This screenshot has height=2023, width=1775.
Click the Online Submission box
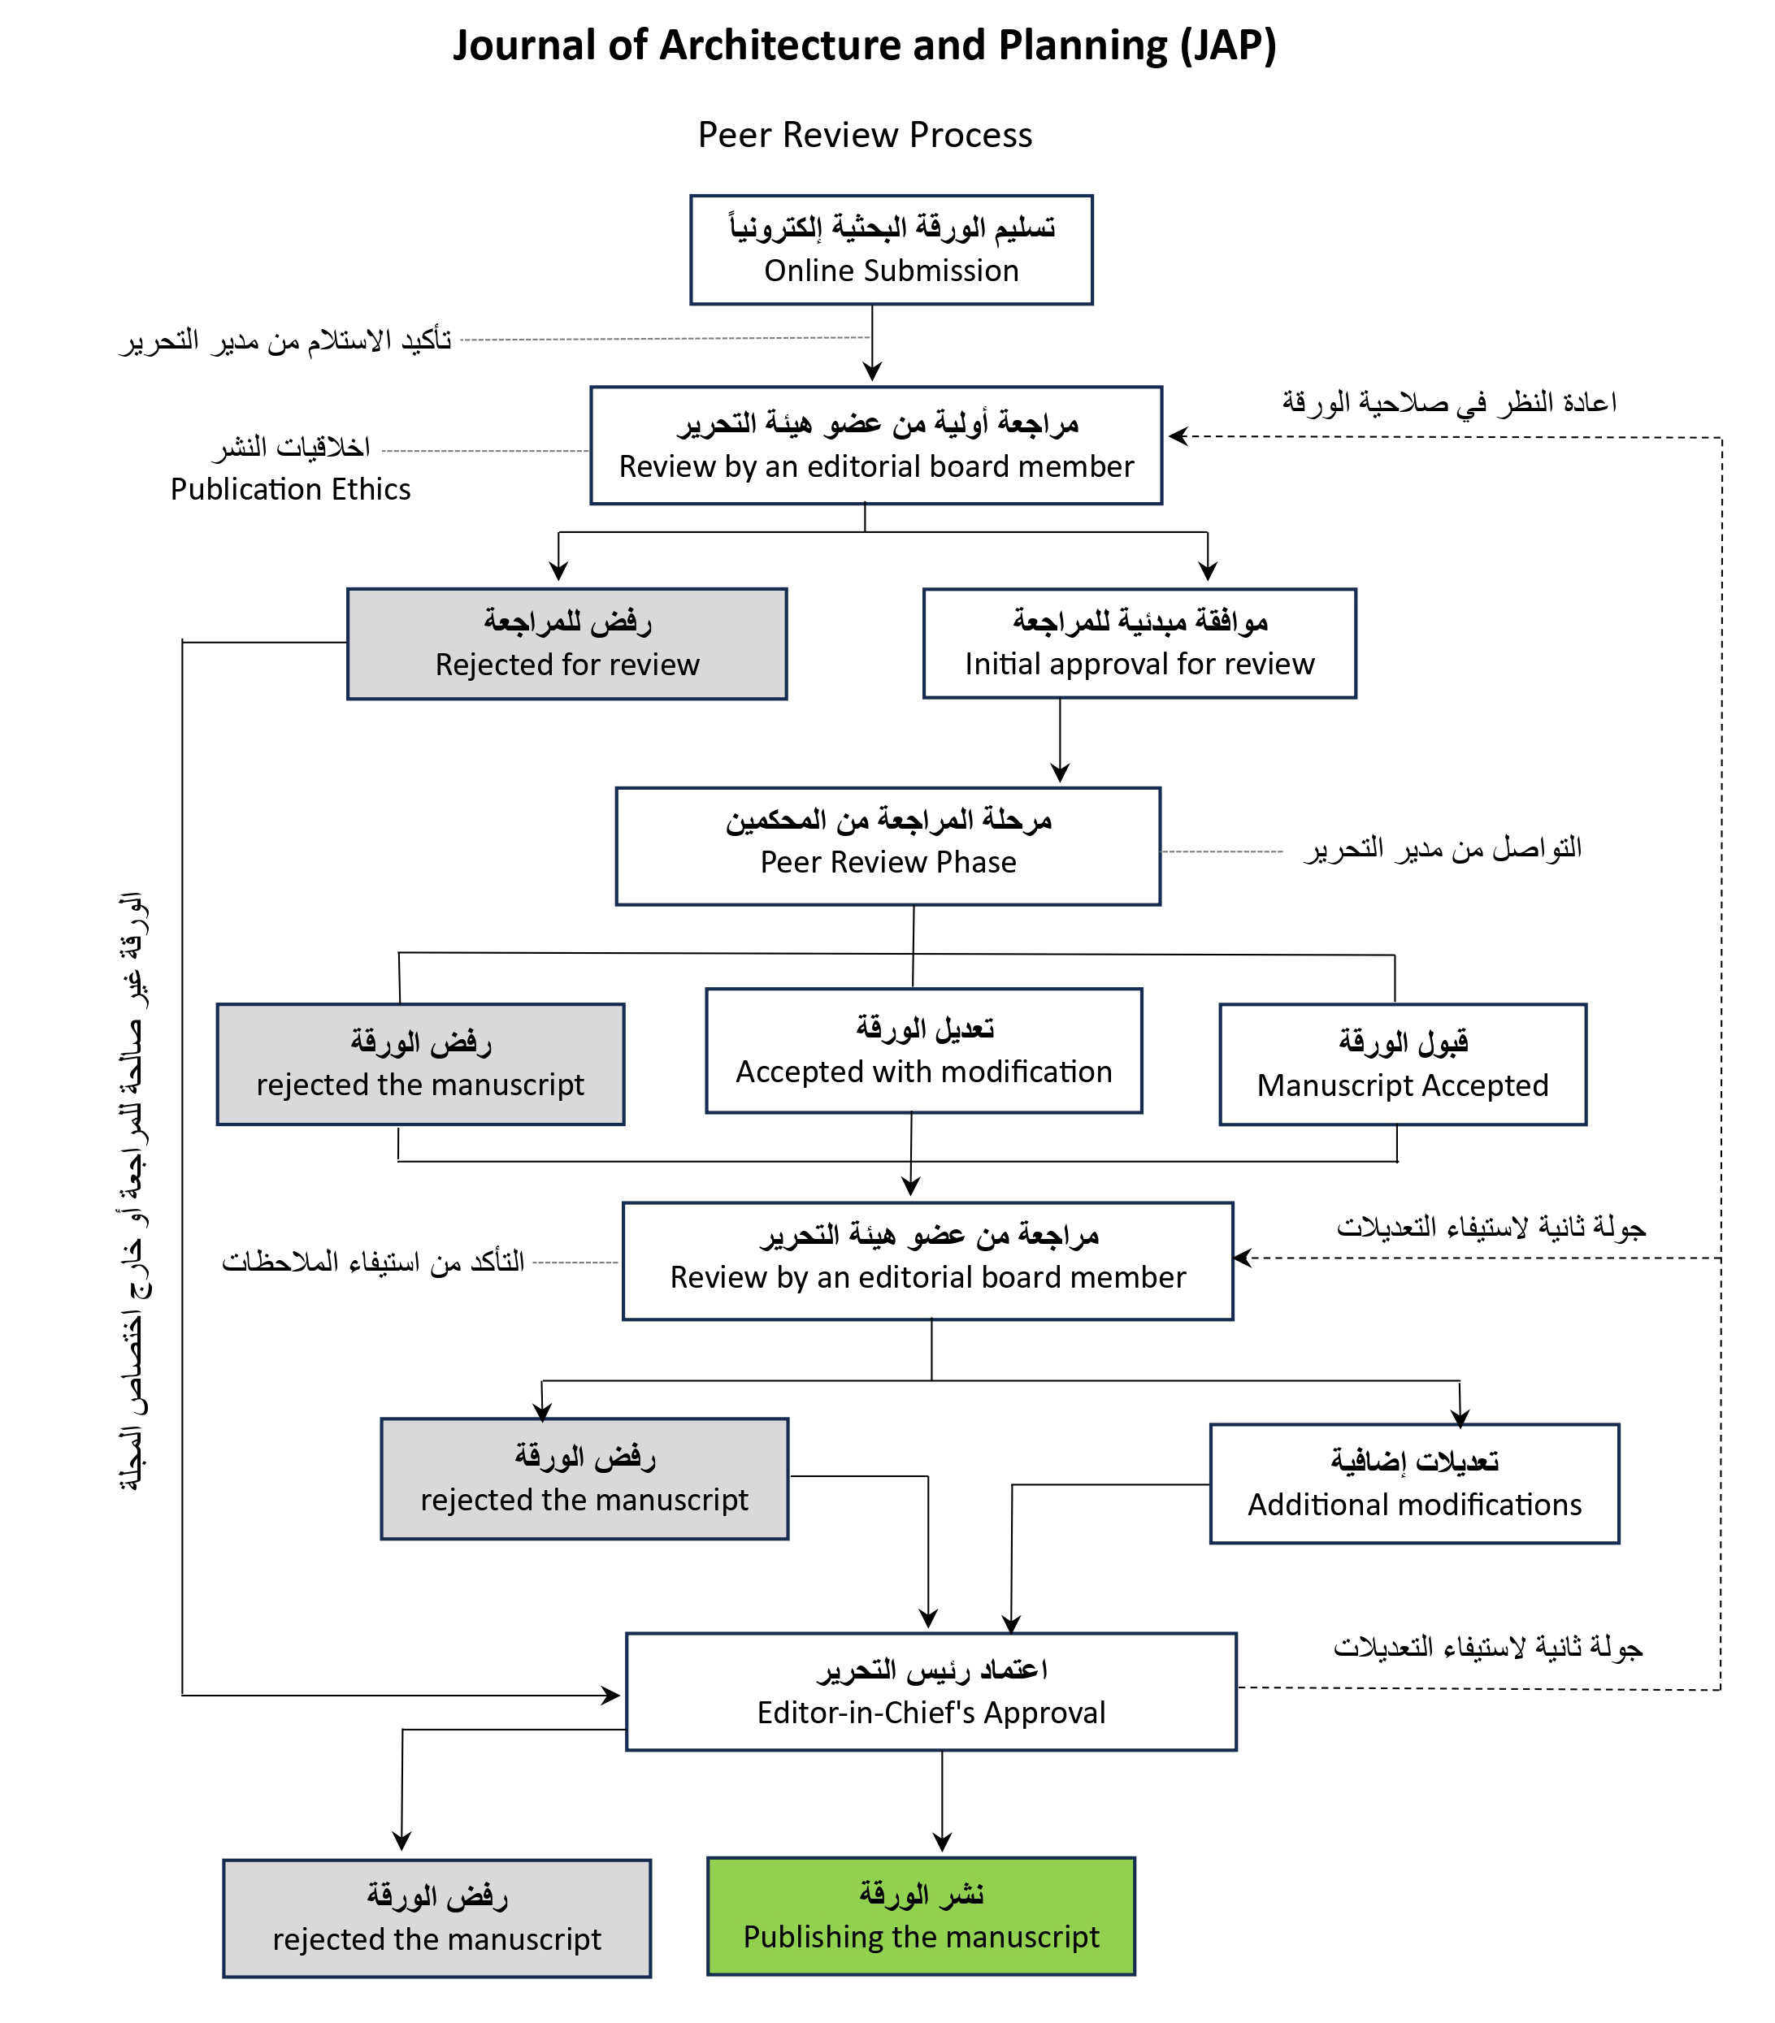(x=891, y=249)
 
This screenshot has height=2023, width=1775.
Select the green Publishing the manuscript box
(x=921, y=1915)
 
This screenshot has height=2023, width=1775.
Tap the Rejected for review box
(x=566, y=643)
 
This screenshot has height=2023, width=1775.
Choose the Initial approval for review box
(x=1139, y=643)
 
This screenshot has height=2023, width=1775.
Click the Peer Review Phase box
(x=887, y=847)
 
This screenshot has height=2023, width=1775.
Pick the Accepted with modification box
(x=922, y=1050)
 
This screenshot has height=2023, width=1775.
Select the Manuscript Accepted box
(x=1402, y=1064)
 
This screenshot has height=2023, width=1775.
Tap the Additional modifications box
(x=1413, y=1483)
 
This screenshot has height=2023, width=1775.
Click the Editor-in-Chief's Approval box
(x=931, y=1692)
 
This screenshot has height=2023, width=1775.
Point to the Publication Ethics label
(x=290, y=489)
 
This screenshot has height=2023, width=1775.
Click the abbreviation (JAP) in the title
(x=1227, y=45)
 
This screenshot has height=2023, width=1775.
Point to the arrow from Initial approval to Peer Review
(x=1059, y=743)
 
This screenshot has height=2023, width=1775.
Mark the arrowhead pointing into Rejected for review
(x=558, y=572)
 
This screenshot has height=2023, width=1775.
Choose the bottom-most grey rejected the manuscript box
(x=436, y=1918)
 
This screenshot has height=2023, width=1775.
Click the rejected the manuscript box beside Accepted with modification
(x=419, y=1064)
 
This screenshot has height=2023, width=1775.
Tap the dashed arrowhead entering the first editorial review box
(x=1177, y=435)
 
